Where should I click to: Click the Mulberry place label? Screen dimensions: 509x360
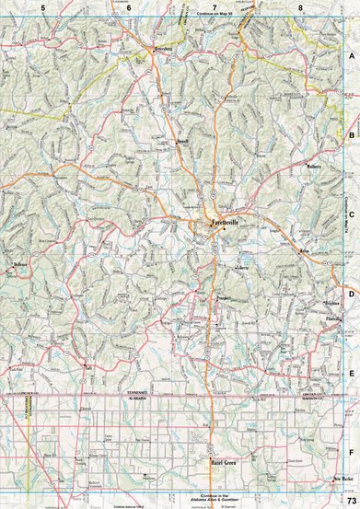[314, 168]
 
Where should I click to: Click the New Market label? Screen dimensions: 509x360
[346, 480]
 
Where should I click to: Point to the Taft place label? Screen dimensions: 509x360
[89, 367]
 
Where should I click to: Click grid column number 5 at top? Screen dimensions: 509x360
[42, 7]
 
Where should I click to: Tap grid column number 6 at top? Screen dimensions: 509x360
[129, 7]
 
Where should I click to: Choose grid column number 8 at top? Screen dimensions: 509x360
[300, 7]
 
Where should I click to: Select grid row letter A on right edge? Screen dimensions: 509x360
[352, 55]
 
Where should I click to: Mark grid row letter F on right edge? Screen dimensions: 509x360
[352, 453]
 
